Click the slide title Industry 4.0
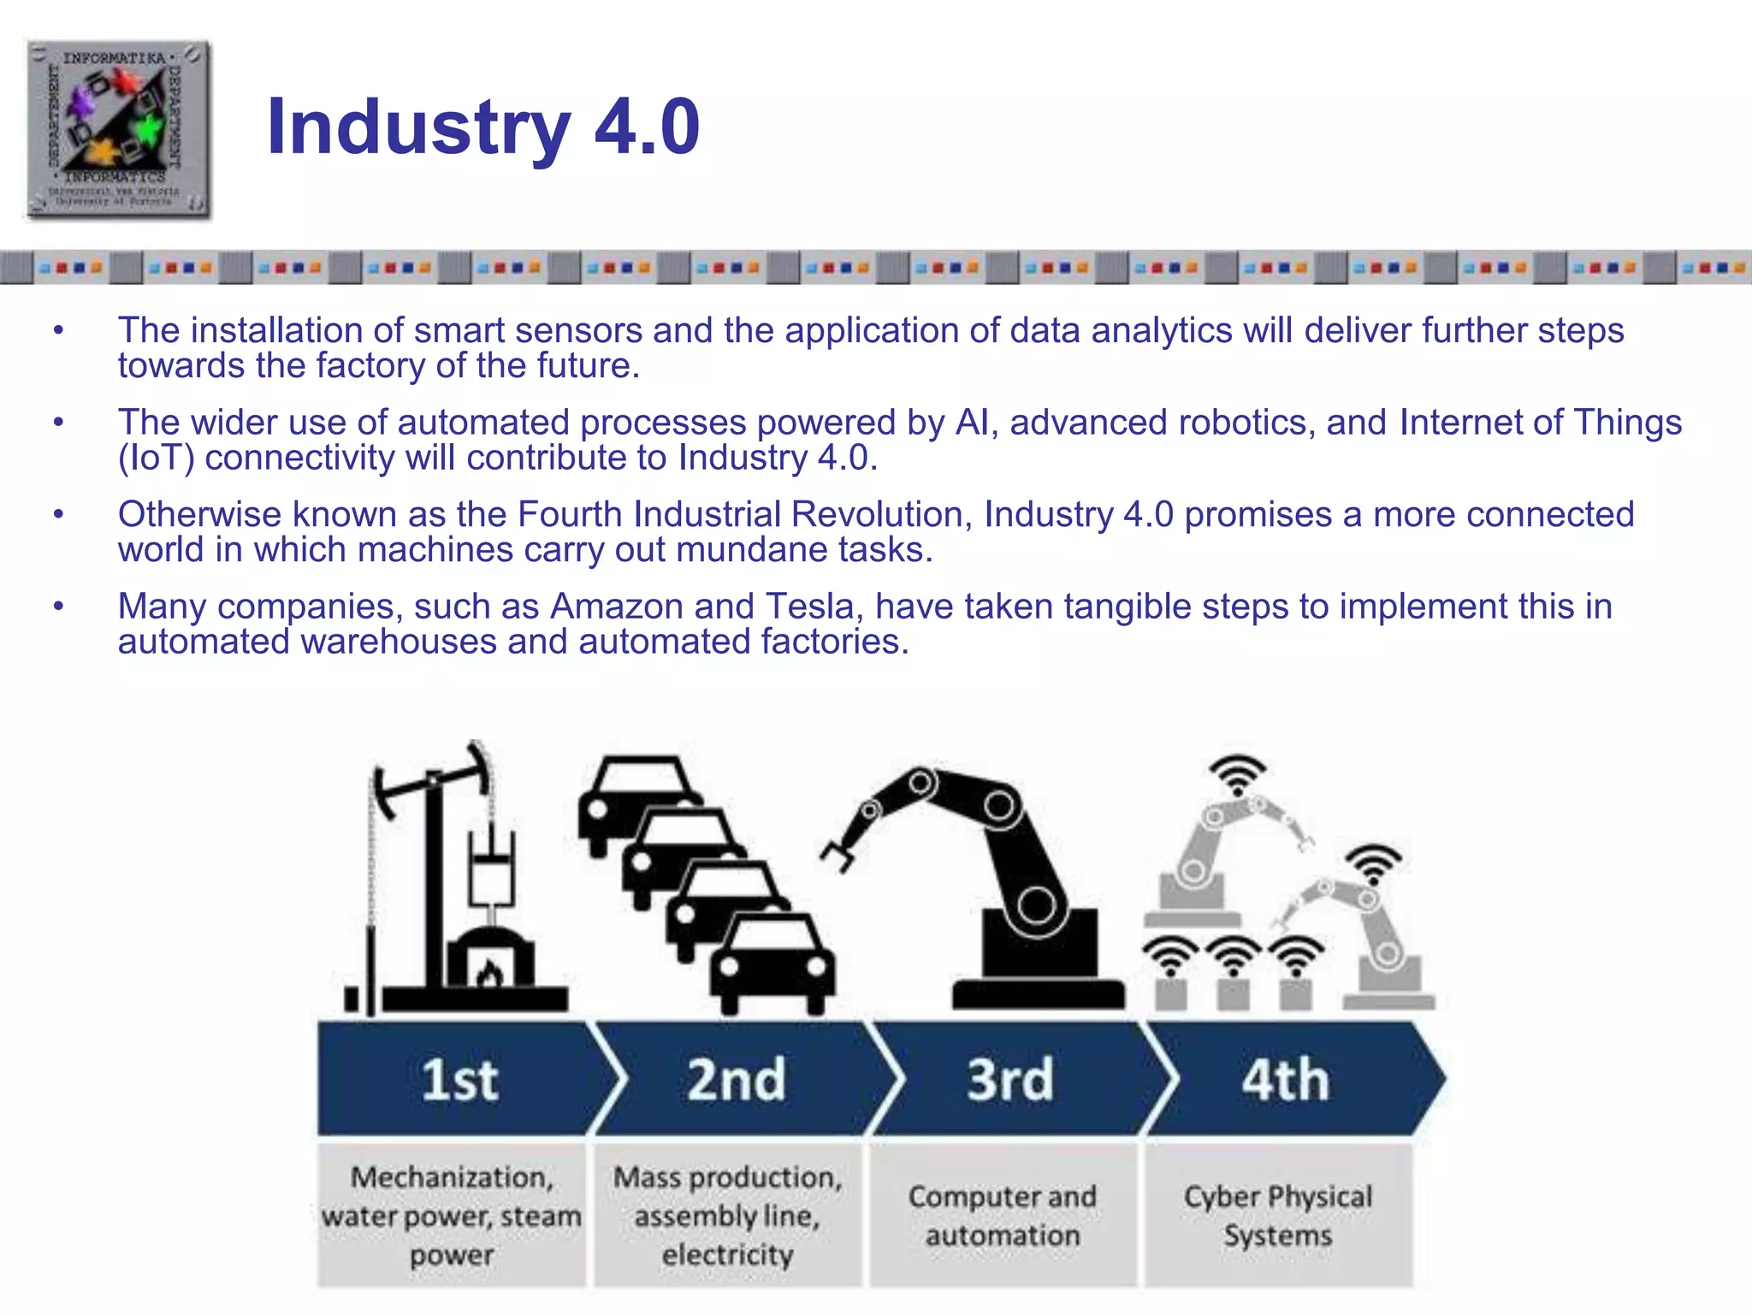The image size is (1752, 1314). (482, 127)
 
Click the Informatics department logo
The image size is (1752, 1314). (118, 128)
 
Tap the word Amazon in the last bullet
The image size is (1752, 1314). (616, 607)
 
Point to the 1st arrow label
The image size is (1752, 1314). (459, 1080)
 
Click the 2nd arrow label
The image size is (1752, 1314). (736, 1080)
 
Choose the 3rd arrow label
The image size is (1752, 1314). (1009, 1080)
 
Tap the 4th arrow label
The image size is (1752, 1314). (1285, 1080)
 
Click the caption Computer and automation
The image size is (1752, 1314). (1003, 1216)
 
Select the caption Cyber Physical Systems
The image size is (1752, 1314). (1278, 1216)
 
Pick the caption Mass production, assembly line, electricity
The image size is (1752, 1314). (727, 1216)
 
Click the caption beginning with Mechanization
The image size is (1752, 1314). (452, 1216)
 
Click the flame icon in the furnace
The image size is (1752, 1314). (489, 973)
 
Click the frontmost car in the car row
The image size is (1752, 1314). (772, 962)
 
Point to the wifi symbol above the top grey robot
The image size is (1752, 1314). (1237, 774)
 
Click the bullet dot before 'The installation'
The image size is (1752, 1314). (58, 331)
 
